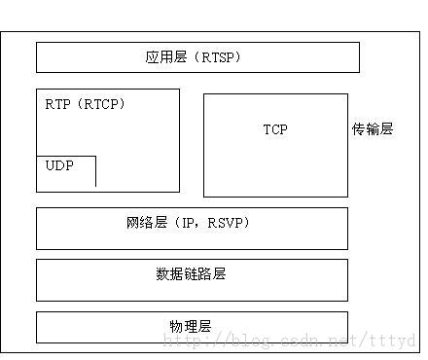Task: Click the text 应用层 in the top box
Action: click(163, 58)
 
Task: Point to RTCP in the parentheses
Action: click(103, 103)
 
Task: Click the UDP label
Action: click(59, 166)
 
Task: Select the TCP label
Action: click(275, 129)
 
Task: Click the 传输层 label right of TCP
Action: click(373, 129)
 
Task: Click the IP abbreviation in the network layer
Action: click(189, 224)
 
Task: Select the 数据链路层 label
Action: click(191, 274)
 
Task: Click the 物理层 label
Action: click(191, 325)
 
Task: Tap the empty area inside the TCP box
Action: click(275, 165)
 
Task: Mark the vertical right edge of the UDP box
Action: click(95, 170)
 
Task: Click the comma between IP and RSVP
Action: click(201, 226)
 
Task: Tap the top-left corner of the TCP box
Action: click(204, 94)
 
